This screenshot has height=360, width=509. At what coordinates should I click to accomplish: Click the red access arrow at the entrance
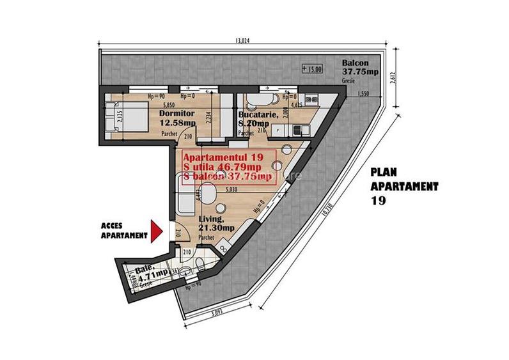coord(155,230)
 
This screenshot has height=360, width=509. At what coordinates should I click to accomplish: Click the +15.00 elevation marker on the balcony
coord(313,68)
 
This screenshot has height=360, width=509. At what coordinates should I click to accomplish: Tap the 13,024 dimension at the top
coord(242,42)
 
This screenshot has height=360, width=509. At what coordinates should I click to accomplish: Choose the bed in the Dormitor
coord(125,117)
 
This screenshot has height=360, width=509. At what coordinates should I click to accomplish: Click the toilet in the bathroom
coord(200,267)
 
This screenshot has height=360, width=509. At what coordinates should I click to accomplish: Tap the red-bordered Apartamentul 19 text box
coord(228,165)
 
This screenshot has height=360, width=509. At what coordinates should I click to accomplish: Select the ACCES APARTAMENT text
coord(123,230)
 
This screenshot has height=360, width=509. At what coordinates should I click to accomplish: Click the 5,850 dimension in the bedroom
coord(169,105)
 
